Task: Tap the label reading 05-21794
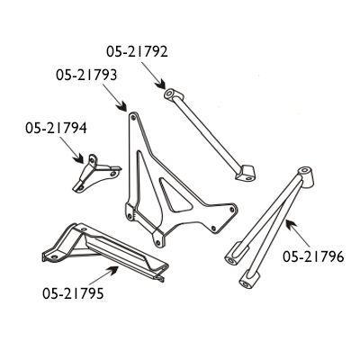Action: point(56,129)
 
